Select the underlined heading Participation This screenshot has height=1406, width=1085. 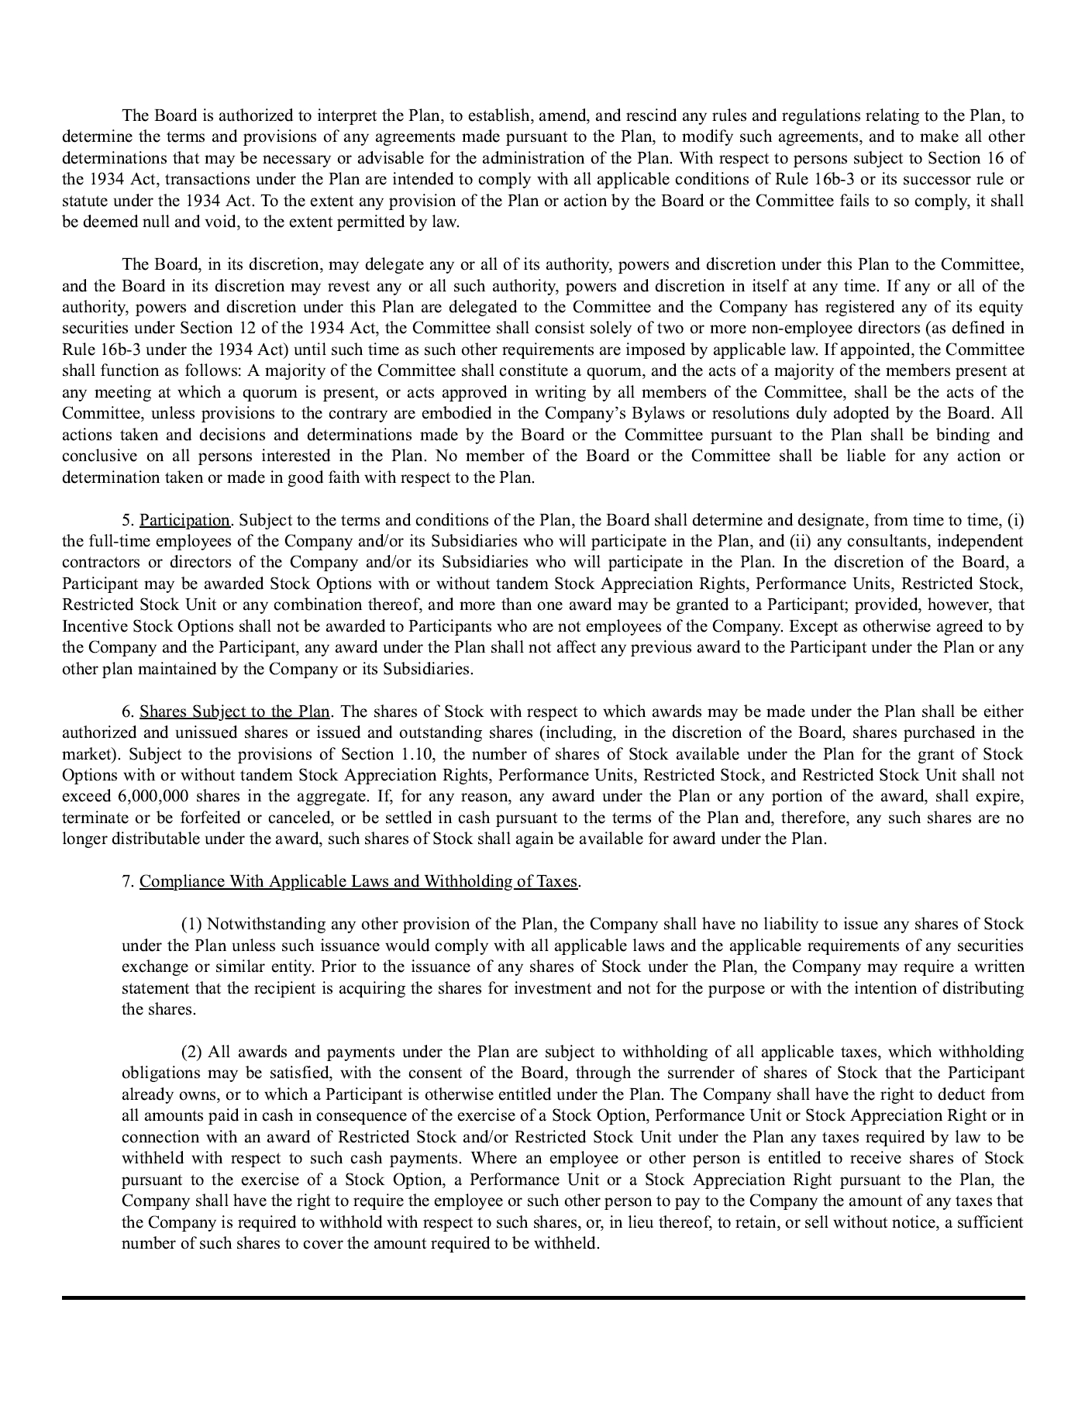click(x=185, y=519)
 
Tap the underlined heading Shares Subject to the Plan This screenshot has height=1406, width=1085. click(x=235, y=711)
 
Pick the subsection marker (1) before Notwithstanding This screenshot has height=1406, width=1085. click(x=191, y=924)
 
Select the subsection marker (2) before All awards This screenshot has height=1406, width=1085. click(x=191, y=1052)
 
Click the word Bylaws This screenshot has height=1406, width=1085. click(x=658, y=413)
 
